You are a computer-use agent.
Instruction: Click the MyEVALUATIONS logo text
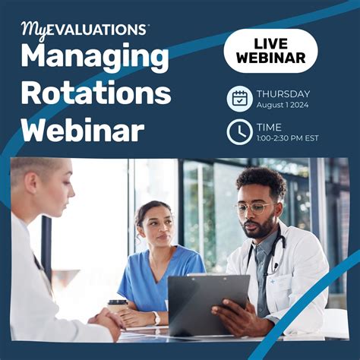pos(84,30)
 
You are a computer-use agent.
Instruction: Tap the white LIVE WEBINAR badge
pos(270,50)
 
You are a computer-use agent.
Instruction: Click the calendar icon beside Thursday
pos(239,99)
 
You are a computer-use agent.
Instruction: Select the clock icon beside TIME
pos(239,132)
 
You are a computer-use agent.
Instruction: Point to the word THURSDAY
pos(283,93)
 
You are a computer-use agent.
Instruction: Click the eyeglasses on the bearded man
pos(256,207)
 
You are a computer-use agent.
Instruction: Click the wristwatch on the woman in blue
pos(156,317)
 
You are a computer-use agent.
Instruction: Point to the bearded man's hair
pos(262,181)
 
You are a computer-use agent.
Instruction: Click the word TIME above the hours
pos(269,126)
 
